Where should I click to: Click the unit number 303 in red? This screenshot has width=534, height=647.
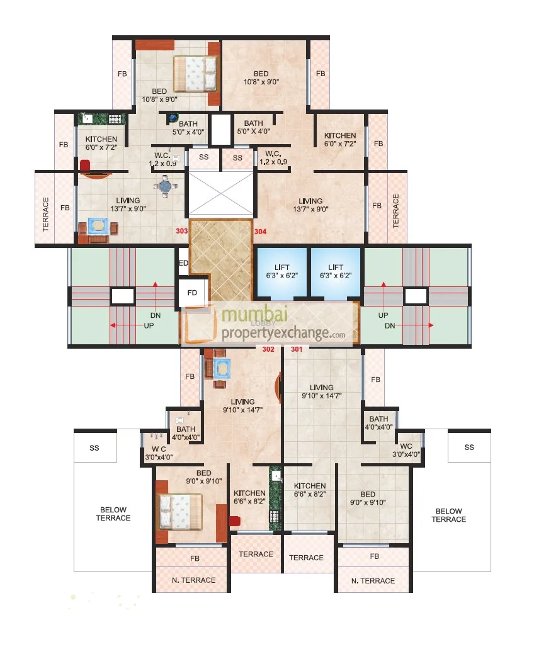[182, 232]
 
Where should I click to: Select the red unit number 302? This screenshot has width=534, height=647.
[268, 349]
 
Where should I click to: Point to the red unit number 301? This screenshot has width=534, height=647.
[297, 349]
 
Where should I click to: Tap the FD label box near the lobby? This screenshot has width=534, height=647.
[193, 293]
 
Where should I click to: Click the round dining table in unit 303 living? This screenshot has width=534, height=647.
[165, 186]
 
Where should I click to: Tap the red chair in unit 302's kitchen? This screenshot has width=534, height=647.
[235, 520]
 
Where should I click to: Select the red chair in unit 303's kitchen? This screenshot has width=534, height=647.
[85, 166]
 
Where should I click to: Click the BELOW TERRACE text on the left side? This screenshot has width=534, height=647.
[113, 514]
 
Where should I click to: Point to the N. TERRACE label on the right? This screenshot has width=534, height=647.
[373, 581]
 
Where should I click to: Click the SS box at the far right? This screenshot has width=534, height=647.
[469, 447]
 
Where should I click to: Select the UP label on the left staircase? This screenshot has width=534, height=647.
[149, 325]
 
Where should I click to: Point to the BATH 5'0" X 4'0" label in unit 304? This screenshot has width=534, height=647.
[253, 128]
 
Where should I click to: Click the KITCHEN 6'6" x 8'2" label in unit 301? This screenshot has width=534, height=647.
[309, 490]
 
